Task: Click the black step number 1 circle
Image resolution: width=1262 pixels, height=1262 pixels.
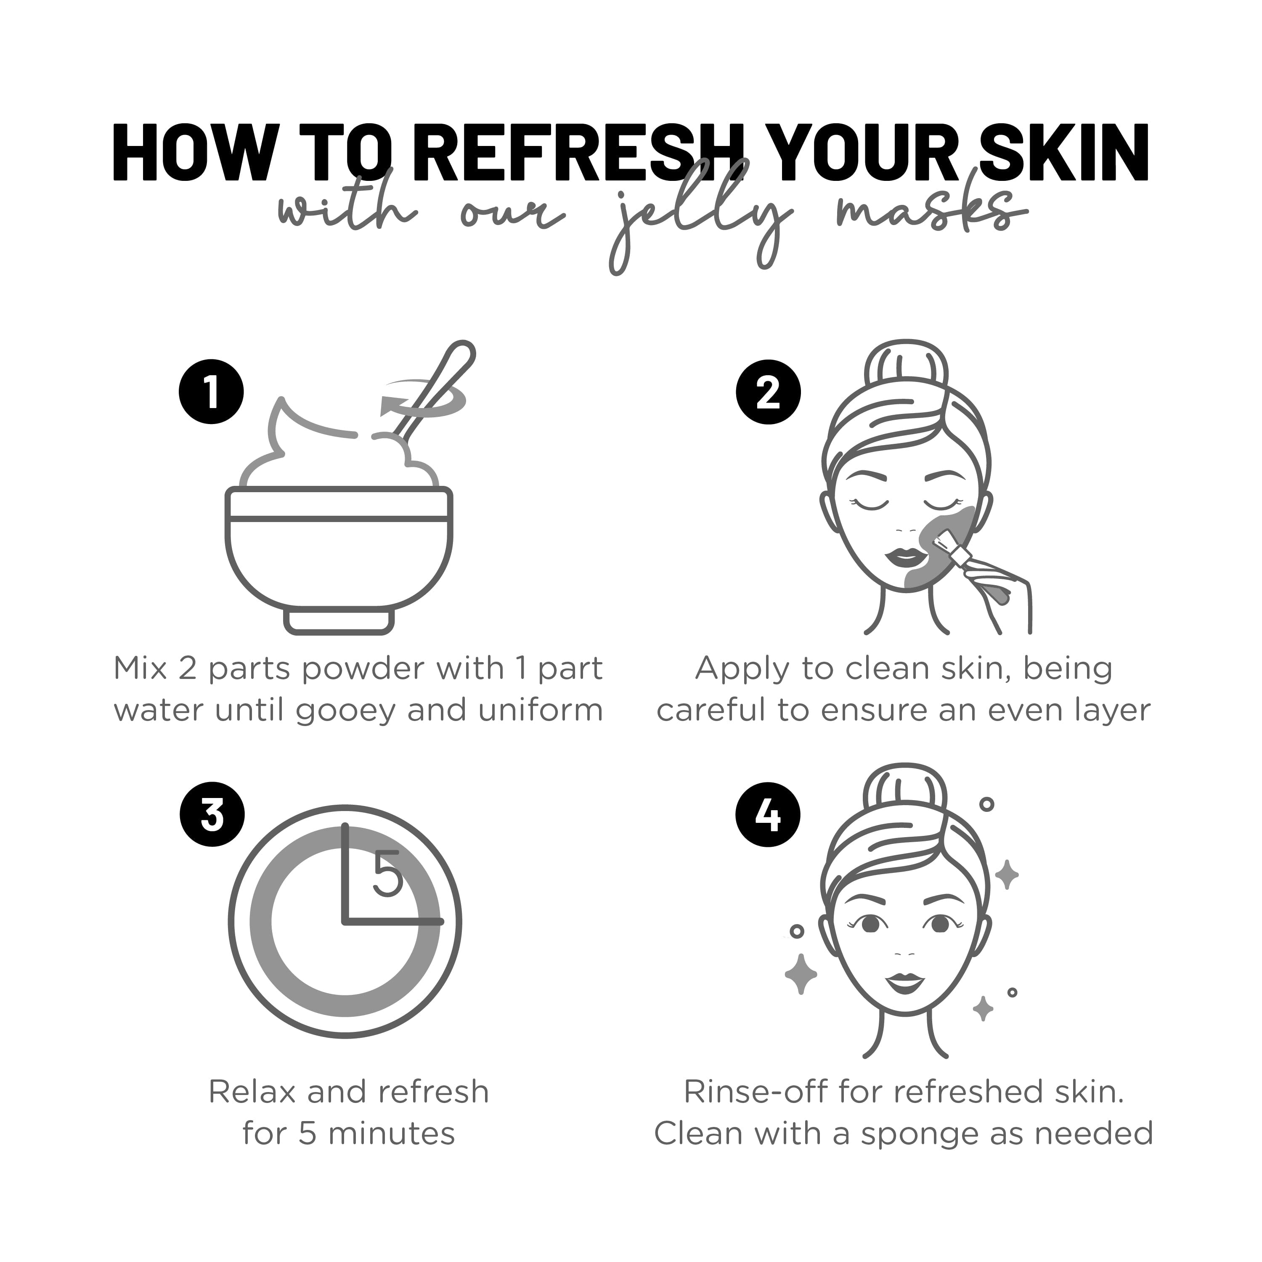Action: click(x=211, y=392)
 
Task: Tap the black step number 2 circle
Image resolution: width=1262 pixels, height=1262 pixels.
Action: click(x=768, y=392)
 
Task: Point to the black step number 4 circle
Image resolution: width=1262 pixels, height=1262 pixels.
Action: click(x=768, y=815)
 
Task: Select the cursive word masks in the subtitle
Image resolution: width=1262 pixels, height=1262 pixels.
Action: click(x=931, y=212)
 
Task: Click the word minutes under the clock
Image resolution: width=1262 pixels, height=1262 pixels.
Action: click(x=391, y=1134)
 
